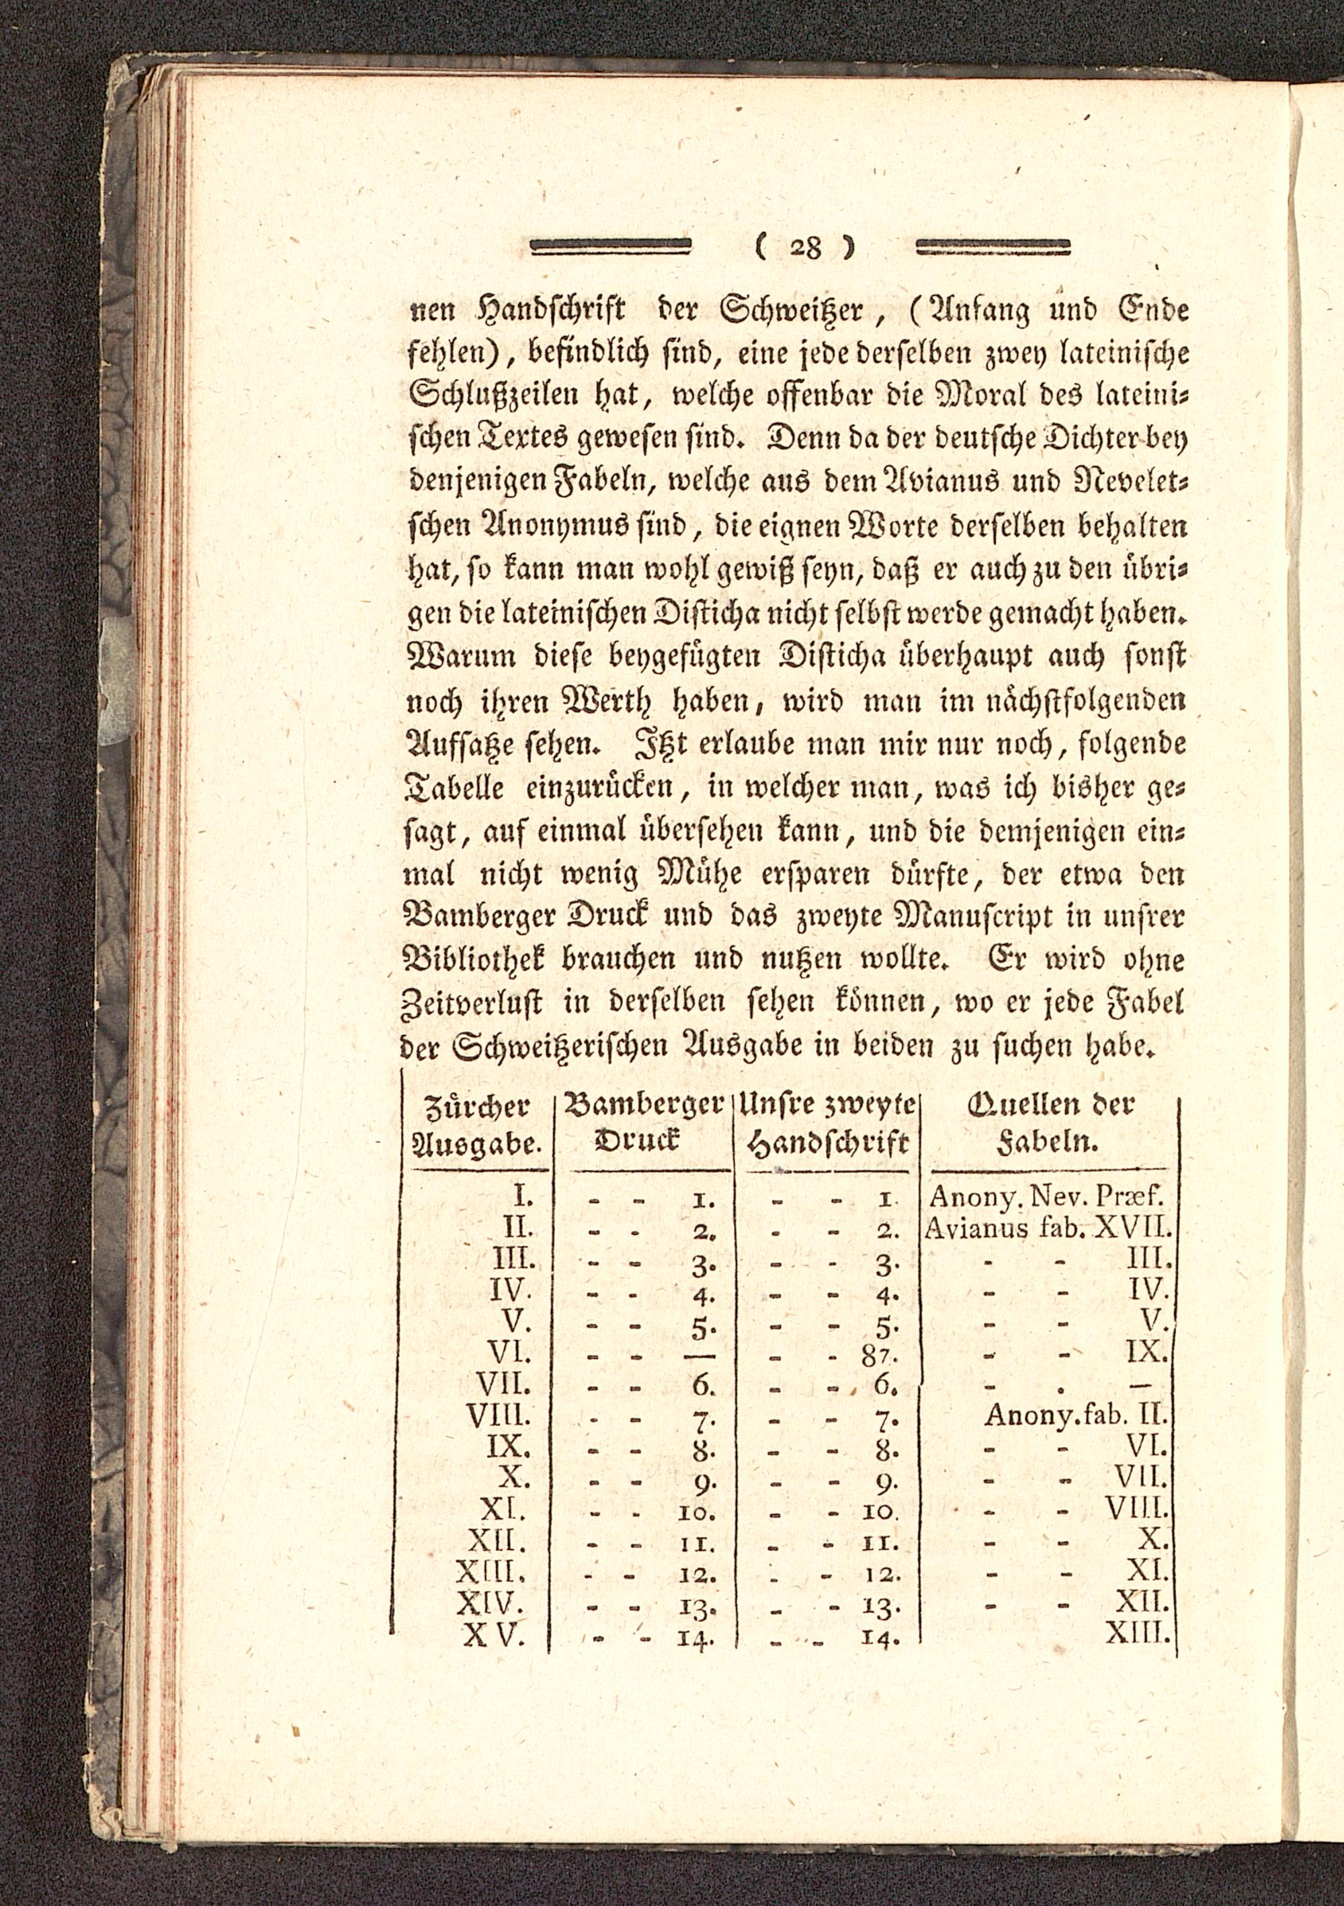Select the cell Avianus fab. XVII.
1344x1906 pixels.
click(x=1048, y=1226)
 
